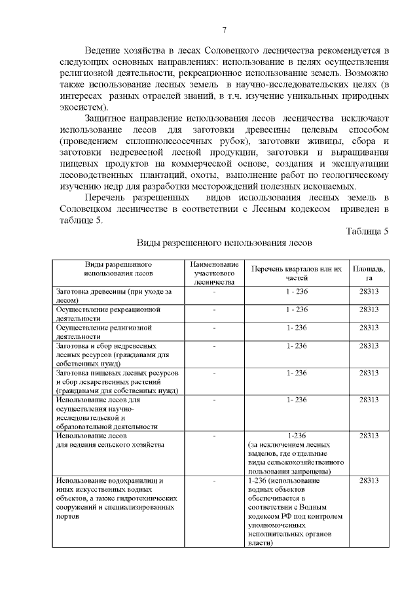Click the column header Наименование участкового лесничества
pos(214,273)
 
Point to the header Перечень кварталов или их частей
pos(296,273)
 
